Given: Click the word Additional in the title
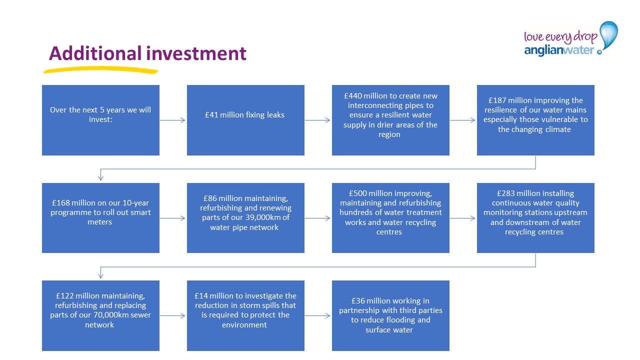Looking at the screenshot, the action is point(95,53).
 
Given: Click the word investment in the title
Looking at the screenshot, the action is point(196,53).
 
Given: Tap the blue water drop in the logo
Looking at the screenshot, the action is point(608,35).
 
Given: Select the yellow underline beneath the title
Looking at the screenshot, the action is point(100,70).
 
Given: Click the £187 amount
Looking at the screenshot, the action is point(497,100).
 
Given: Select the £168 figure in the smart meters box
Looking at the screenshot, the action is point(61,203).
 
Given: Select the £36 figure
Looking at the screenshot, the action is point(358,301).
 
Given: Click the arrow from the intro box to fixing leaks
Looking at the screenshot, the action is point(172,120).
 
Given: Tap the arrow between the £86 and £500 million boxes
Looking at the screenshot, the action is point(317,218).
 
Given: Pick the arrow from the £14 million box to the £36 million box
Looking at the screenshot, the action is point(317,315).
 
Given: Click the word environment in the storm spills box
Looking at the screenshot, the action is point(244,325).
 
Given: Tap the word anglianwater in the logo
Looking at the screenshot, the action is point(559,50).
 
